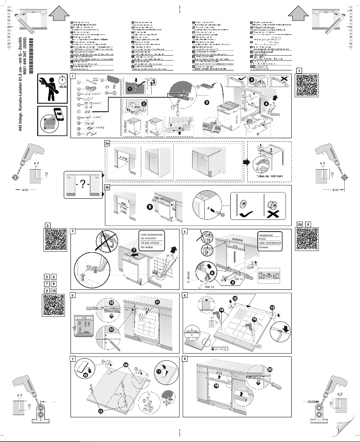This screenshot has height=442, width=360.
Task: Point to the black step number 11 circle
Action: point(157,302)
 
